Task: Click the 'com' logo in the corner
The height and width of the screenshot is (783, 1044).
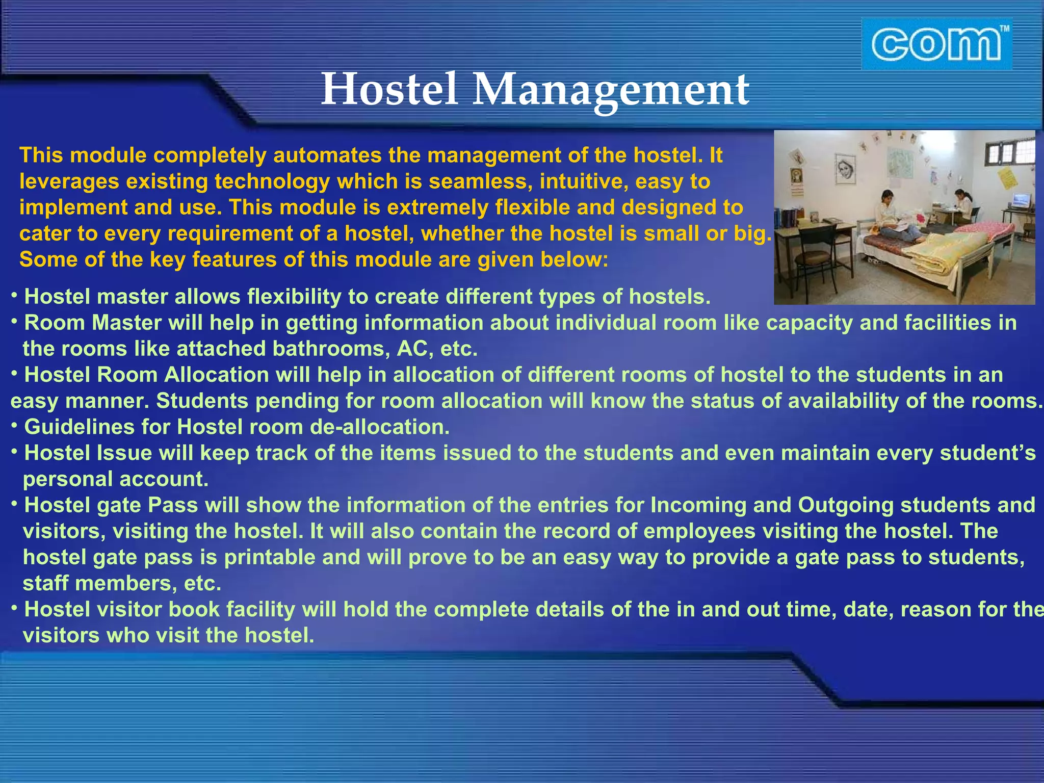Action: point(937,44)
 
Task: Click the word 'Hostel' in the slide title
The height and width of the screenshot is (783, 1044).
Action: point(389,89)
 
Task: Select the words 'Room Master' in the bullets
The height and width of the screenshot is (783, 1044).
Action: point(93,322)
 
